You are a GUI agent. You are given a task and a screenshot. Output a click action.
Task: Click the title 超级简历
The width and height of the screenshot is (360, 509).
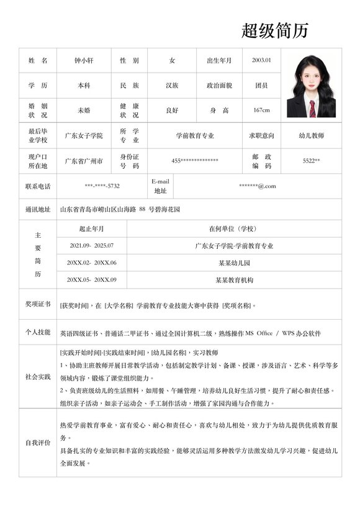(x=274, y=30)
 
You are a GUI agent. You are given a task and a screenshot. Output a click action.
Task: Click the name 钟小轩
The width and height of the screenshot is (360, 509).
(x=84, y=60)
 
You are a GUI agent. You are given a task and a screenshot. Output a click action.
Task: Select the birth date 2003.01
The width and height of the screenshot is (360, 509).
(x=261, y=60)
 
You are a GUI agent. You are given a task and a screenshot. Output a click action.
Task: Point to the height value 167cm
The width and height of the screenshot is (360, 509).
(x=261, y=110)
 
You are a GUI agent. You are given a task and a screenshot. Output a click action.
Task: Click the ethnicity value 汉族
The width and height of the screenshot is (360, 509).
(x=172, y=85)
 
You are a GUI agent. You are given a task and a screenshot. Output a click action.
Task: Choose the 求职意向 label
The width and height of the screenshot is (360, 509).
(x=261, y=135)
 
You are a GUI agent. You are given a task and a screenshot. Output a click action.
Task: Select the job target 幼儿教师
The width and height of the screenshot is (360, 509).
(x=311, y=135)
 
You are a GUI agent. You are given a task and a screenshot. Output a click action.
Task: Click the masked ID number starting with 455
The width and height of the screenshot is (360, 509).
(x=195, y=161)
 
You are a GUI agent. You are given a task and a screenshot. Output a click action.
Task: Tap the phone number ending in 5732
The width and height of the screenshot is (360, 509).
(x=102, y=186)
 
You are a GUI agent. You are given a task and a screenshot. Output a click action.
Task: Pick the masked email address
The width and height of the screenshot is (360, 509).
(x=258, y=186)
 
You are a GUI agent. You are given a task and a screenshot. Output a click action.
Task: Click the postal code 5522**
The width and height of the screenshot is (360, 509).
(x=311, y=161)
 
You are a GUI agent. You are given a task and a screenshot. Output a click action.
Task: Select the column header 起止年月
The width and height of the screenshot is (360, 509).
(x=92, y=229)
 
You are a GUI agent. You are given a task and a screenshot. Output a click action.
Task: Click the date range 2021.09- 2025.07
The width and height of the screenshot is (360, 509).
(x=92, y=246)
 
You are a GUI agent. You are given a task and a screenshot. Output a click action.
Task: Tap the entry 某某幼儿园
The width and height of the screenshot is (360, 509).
(x=234, y=263)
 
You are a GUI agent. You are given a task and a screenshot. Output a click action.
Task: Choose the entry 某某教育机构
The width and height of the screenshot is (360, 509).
(x=234, y=280)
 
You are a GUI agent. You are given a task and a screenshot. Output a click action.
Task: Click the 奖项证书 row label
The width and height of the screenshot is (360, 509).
(x=38, y=304)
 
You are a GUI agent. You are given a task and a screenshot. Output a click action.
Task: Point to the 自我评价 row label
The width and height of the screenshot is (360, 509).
(x=38, y=443)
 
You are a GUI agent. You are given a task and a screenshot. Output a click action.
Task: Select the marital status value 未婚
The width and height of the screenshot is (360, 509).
(x=84, y=110)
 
